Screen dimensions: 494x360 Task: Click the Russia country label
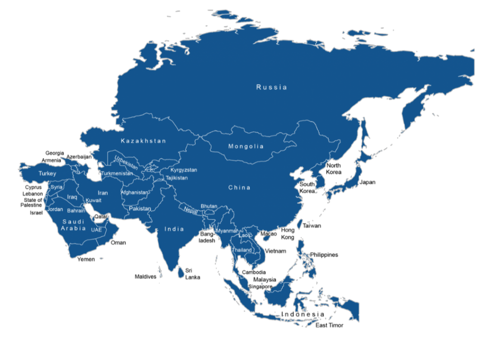(272, 87)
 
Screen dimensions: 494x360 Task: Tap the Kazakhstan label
(143, 141)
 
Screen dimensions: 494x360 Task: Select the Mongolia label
(246, 146)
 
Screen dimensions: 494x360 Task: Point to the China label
(239, 187)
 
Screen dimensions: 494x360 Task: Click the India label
(174, 229)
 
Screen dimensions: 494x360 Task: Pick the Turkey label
(47, 174)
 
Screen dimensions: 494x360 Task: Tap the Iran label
(103, 193)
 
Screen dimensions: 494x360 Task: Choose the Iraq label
(72, 197)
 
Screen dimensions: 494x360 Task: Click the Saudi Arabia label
(73, 225)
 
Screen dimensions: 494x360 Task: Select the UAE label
(96, 230)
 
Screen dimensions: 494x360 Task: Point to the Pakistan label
(140, 209)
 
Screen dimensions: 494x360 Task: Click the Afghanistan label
(135, 193)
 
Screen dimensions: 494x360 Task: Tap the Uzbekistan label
(126, 162)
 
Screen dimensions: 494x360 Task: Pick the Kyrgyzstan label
(184, 170)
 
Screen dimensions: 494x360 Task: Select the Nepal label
(191, 211)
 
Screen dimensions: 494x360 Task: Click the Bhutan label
(209, 206)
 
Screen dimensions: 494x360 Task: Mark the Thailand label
(242, 250)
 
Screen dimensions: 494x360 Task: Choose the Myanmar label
(227, 231)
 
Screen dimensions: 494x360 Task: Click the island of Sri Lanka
(181, 273)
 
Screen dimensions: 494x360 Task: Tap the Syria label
(56, 187)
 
